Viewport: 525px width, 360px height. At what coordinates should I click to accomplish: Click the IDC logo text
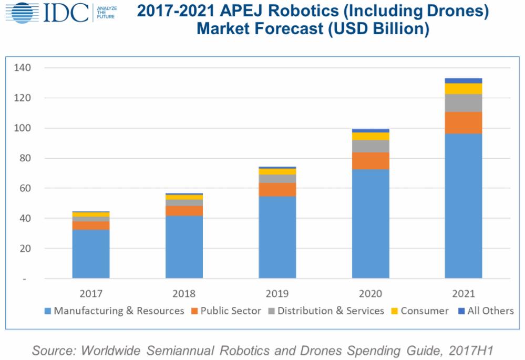(66, 13)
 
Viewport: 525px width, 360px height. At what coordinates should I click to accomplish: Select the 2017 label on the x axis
(91, 293)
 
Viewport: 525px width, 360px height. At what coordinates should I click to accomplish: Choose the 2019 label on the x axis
(277, 293)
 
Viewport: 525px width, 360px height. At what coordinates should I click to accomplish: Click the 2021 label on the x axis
(463, 293)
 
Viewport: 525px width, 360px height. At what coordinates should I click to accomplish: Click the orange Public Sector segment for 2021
(463, 122)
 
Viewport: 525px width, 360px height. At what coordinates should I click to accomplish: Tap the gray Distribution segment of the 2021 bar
(463, 103)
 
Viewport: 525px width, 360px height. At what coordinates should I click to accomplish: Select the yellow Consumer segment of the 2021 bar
(463, 88)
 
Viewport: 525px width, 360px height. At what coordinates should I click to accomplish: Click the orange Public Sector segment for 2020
(370, 161)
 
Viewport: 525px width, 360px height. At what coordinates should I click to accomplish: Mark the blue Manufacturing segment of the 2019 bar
(277, 237)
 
